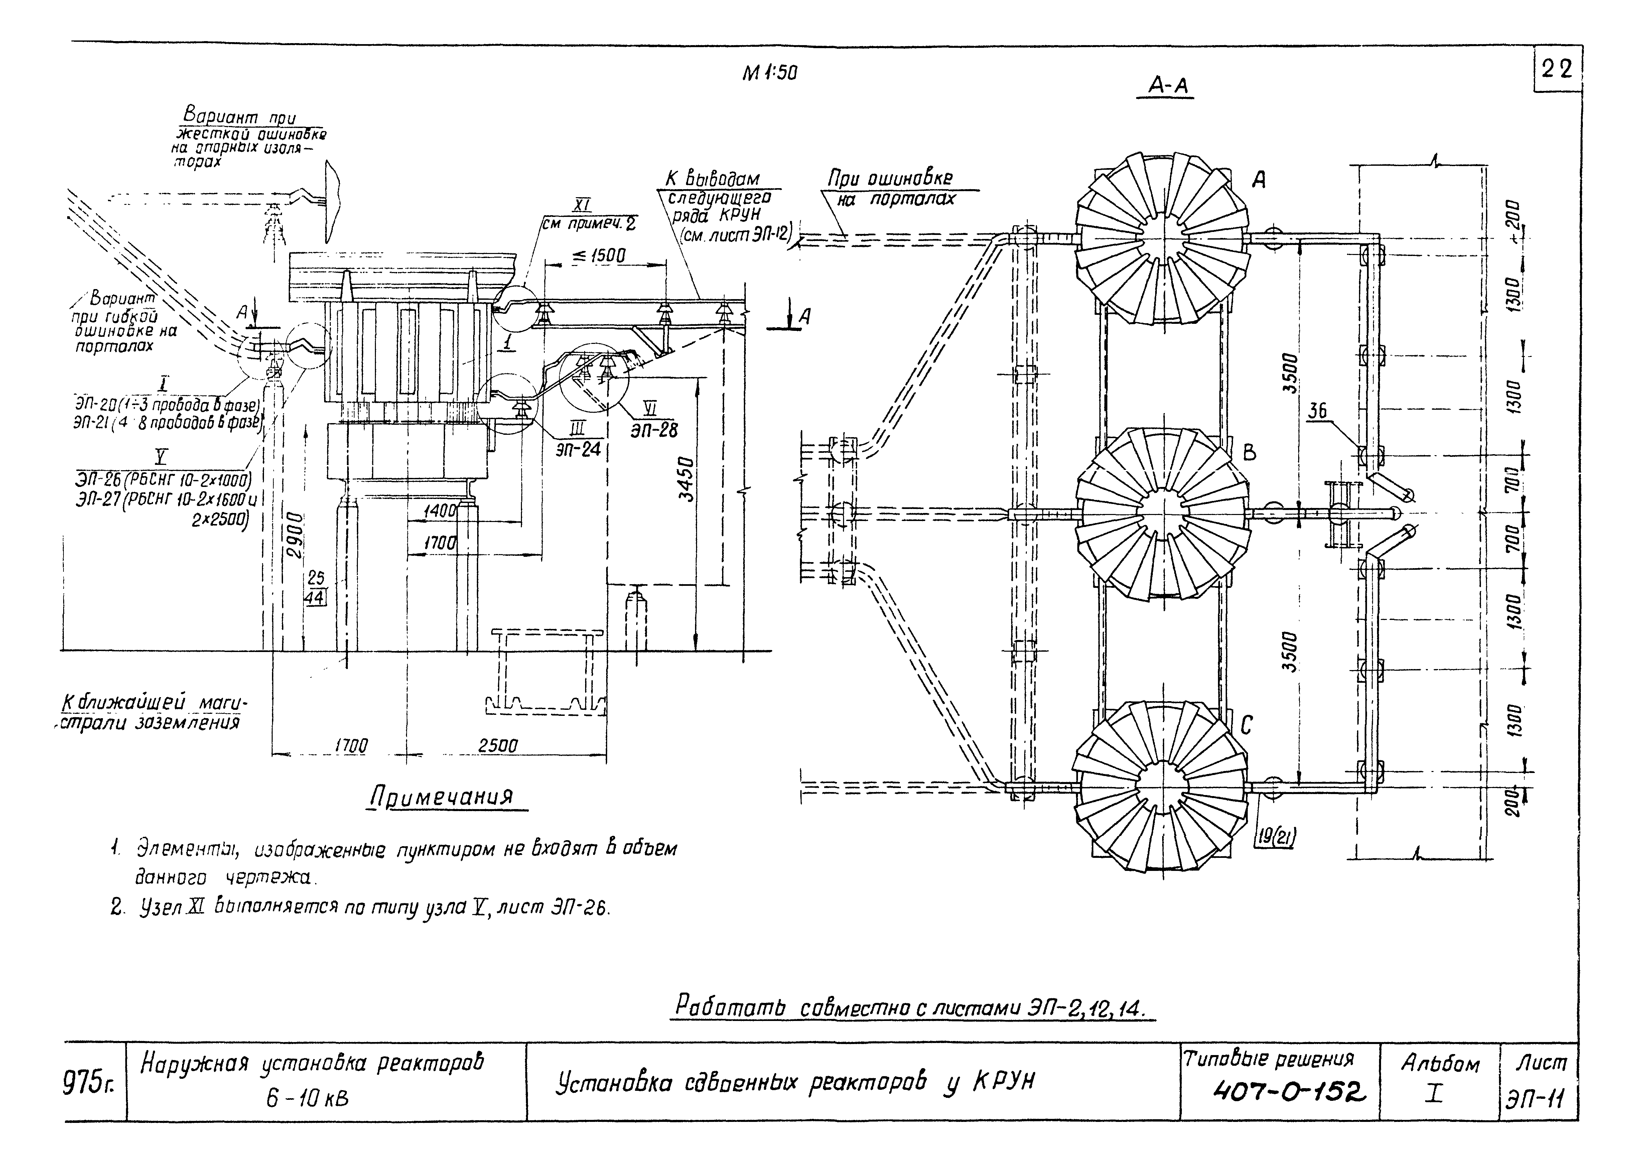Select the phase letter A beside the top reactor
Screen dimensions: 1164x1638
coord(1258,180)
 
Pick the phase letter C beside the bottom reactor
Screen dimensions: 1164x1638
coord(1247,726)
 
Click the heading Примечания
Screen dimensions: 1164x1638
coord(442,797)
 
